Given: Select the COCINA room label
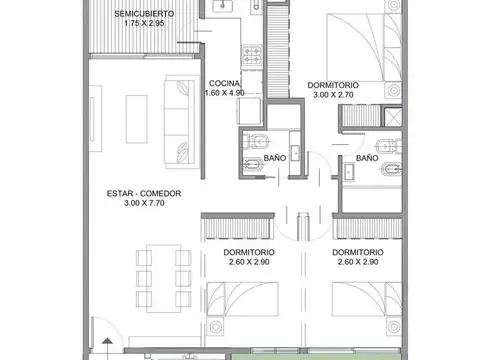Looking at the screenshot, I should pos(223,83).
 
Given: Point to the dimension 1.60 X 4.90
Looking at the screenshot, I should pos(224,93).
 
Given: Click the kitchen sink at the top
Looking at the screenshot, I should pos(223,8).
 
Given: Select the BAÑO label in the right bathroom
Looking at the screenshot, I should pos(366,157).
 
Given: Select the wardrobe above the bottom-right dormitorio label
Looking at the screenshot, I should pos(369,230).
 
